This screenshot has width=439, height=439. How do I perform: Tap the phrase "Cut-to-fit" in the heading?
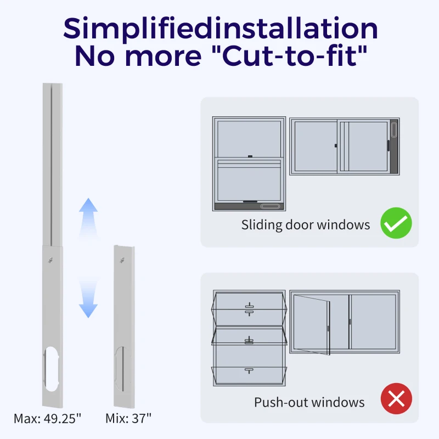pos(295,56)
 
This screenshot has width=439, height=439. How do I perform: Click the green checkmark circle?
pos(396,223)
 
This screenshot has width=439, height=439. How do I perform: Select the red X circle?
pos(396,398)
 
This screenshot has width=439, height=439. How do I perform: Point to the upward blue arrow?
pos(88,218)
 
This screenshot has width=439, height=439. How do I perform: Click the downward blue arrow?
pos(88,298)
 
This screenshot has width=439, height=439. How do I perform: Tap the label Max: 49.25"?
pos(47,419)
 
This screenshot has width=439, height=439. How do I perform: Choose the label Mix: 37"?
pos(128,419)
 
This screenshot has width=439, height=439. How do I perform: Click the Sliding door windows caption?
pos(306,225)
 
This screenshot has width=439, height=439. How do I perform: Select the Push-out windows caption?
pos(309,402)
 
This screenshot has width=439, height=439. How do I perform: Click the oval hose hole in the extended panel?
pos(51,369)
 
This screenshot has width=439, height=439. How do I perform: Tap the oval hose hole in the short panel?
pos(123,369)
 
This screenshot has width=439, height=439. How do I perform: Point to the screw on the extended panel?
pos(50,260)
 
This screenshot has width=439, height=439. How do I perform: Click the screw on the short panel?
pos(122,260)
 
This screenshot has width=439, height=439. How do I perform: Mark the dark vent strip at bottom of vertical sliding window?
pos(249,206)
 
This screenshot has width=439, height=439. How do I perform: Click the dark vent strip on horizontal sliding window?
pos(394,146)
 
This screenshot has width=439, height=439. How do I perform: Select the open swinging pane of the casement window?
pos(312,325)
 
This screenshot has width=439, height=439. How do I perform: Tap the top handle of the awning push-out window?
pos(249,309)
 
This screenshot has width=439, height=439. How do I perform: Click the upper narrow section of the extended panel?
pos(52,165)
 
